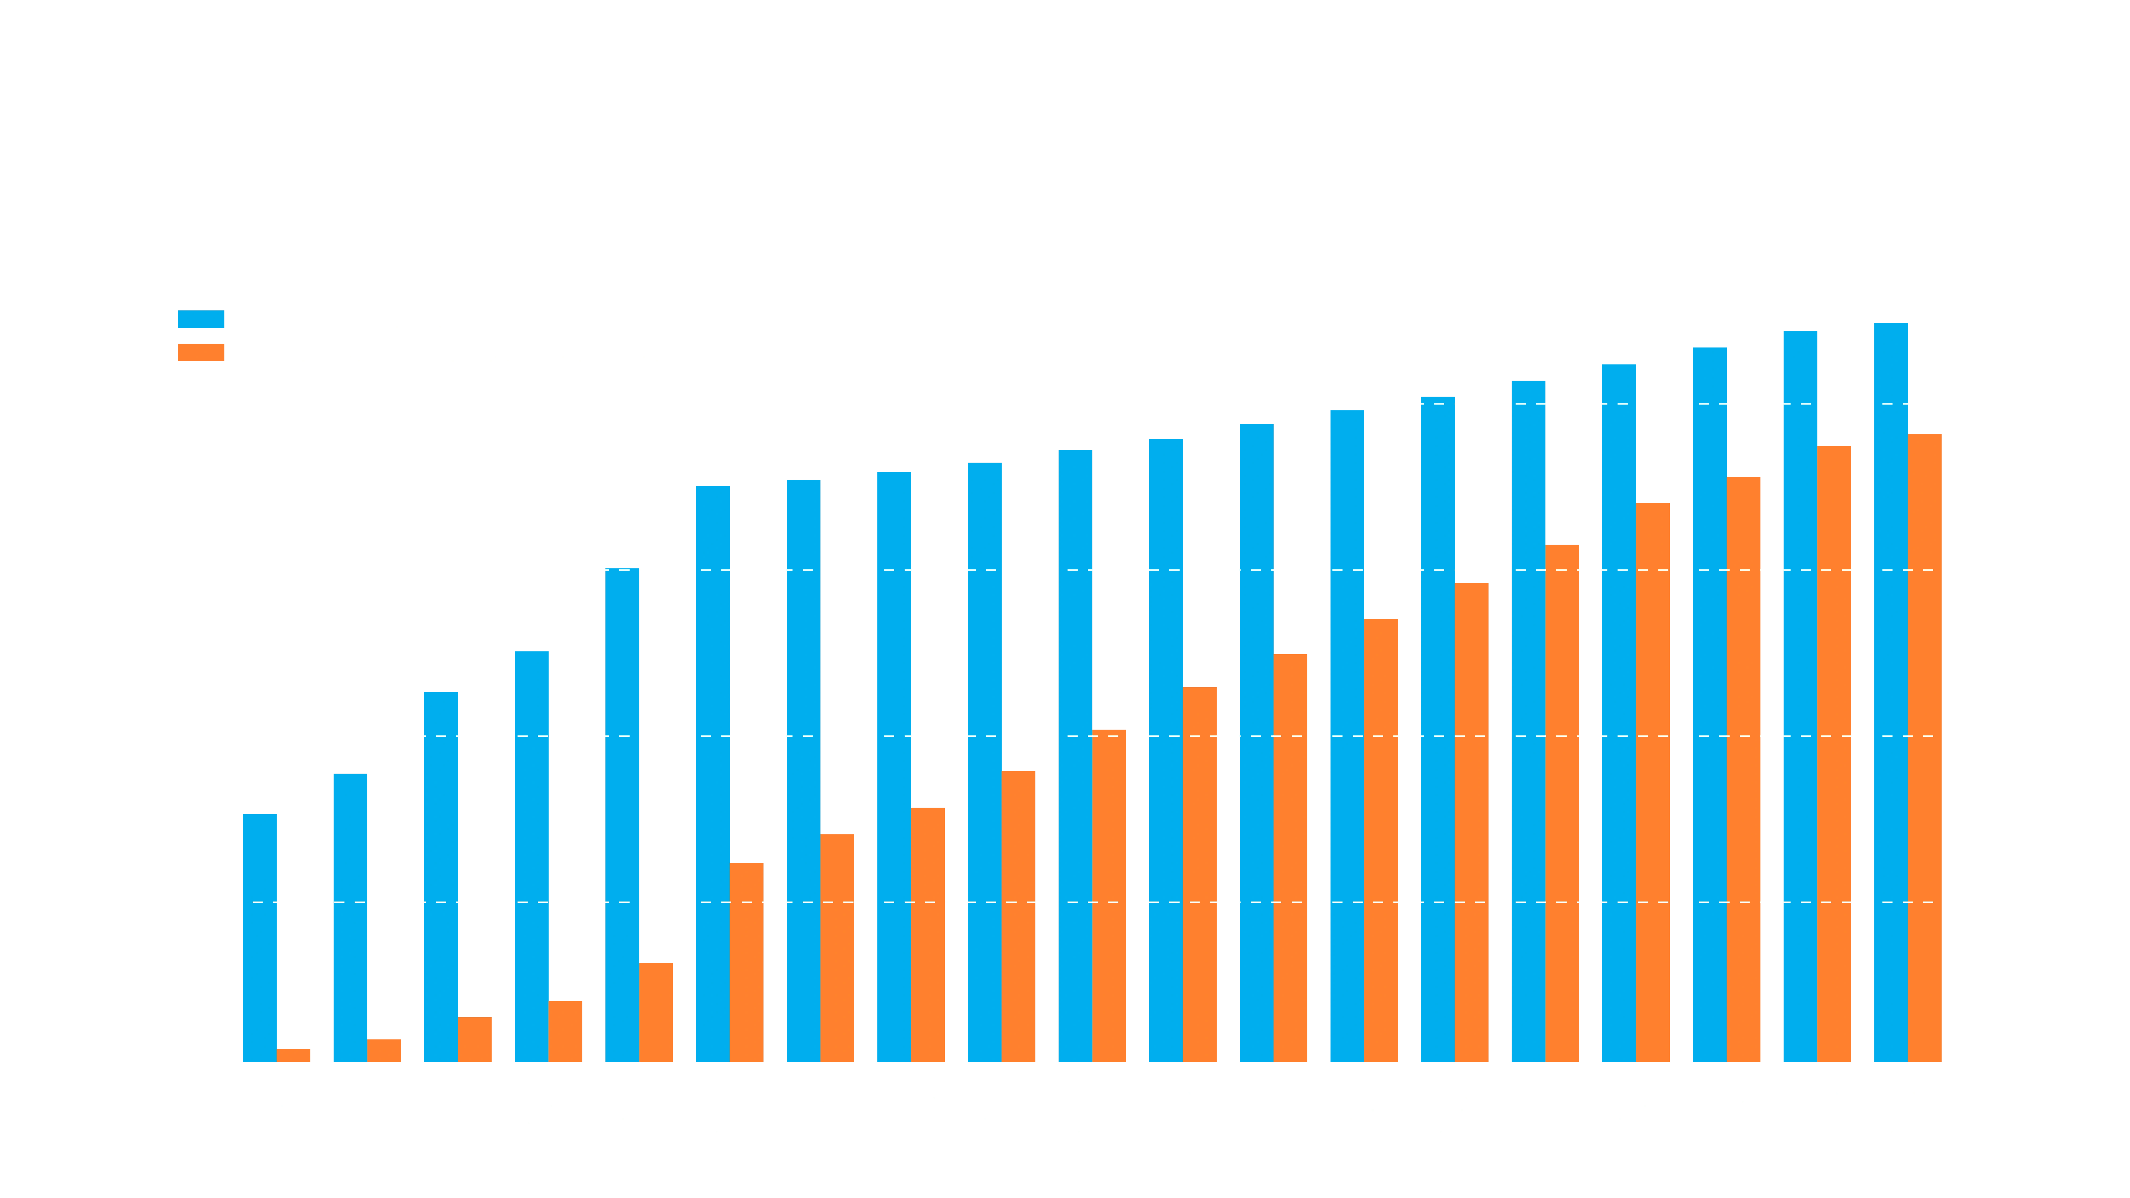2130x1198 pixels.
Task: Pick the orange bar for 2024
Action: click(1381, 839)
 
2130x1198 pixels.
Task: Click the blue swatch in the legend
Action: click(201, 319)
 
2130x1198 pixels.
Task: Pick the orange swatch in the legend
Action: click(201, 353)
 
